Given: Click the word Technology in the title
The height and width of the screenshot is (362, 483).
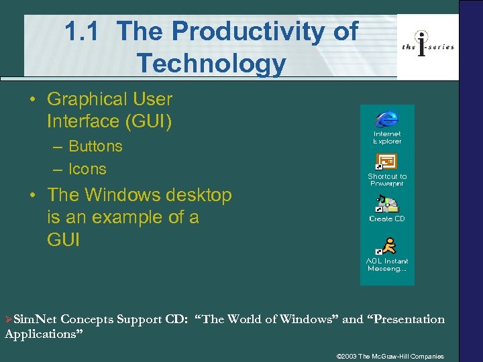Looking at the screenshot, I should tap(211, 64).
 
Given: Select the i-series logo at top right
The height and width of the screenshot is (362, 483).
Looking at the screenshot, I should tap(427, 46).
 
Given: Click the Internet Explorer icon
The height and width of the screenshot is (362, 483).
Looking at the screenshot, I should tap(386, 119).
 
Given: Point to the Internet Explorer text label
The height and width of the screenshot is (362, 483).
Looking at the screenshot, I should tap(387, 137).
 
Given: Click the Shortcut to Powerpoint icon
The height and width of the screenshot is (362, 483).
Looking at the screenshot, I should tap(386, 162).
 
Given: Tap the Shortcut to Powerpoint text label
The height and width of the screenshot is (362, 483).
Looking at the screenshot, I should tap(387, 180).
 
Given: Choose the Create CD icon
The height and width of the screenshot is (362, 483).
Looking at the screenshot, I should tap(386, 204).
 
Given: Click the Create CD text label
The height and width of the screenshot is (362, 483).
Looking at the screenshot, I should tap(387, 219).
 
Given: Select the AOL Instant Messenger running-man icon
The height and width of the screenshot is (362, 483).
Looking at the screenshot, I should tap(387, 246).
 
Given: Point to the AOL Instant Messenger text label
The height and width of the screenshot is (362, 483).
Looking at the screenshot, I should tap(387, 265).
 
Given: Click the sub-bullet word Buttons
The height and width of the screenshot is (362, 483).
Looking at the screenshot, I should tap(95, 146).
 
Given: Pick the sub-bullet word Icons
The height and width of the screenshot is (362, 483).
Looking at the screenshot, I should tap(87, 169).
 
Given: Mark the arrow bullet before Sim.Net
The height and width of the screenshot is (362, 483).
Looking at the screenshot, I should tap(8, 320).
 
